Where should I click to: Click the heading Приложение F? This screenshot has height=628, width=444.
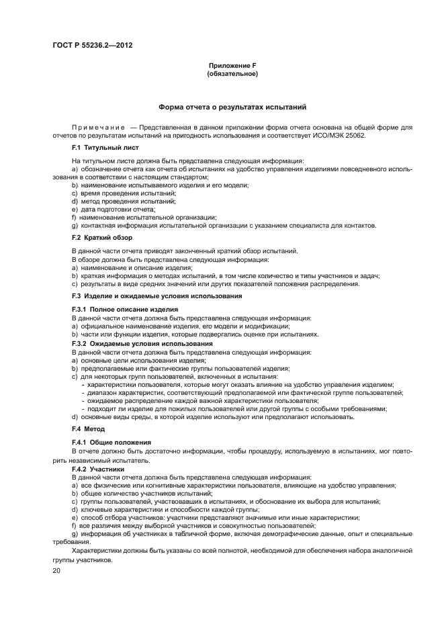pos(232,65)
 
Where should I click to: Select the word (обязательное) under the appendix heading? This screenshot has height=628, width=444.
pos(232,73)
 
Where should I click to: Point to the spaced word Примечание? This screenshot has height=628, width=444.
pos(95,128)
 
